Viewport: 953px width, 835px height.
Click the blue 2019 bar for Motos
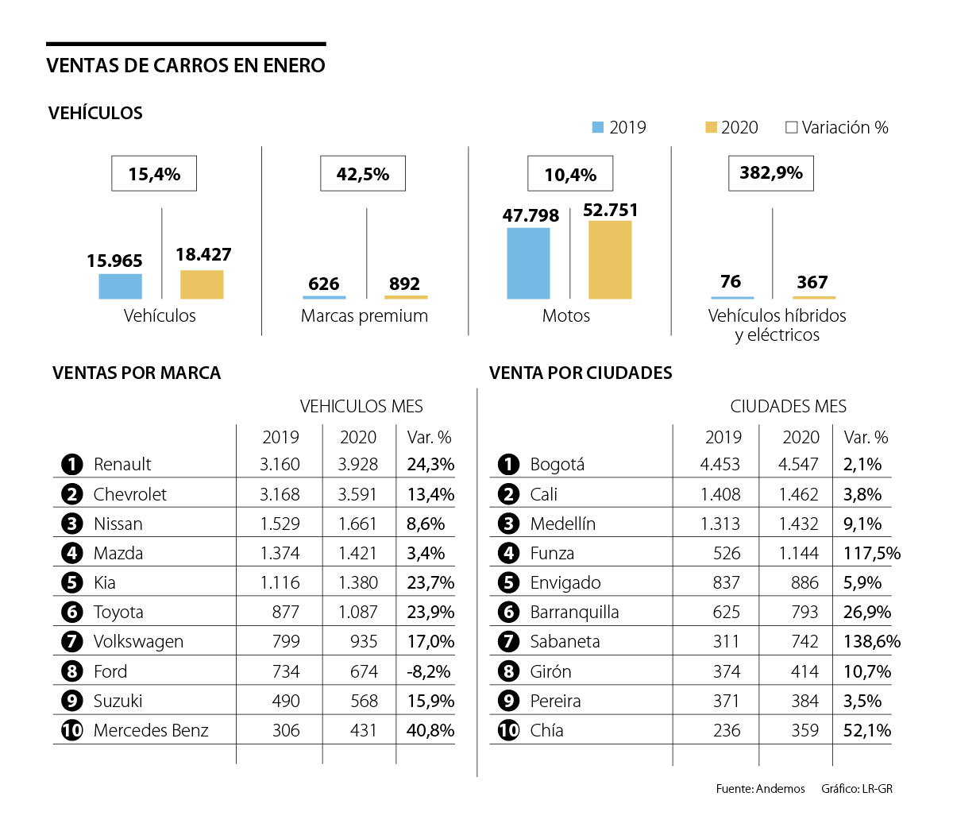click(x=528, y=263)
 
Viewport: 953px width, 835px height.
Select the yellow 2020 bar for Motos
click(x=610, y=260)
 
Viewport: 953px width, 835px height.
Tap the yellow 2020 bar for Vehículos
click(x=202, y=284)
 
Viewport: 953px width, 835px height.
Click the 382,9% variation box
click(x=770, y=173)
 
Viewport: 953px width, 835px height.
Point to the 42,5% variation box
click(x=362, y=174)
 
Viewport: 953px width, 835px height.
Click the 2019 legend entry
click(x=619, y=127)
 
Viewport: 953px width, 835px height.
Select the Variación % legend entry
click(x=836, y=127)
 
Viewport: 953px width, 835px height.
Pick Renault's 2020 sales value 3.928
click(x=358, y=464)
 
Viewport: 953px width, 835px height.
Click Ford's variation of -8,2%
click(x=429, y=671)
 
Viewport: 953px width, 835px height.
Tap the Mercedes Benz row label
click(x=151, y=730)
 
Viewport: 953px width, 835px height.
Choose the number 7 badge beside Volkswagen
click(x=71, y=641)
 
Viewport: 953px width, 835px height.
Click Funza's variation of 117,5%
click(x=871, y=553)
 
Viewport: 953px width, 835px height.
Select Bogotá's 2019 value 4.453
click(x=720, y=464)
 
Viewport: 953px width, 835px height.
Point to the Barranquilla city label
click(x=574, y=612)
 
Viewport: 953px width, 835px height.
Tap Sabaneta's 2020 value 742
click(x=804, y=641)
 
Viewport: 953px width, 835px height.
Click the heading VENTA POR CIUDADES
click(x=581, y=373)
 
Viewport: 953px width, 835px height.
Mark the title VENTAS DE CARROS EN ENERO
click(x=186, y=65)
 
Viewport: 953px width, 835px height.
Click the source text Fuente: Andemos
click(x=760, y=789)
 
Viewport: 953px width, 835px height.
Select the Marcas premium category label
click(x=364, y=315)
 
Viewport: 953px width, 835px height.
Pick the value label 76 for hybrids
click(x=731, y=281)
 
